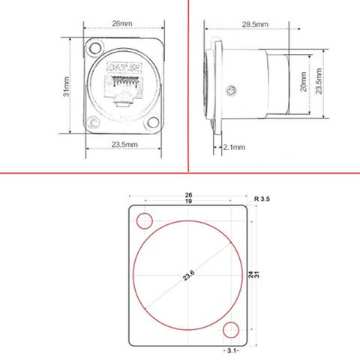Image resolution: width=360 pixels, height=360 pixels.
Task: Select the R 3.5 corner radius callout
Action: (262, 199)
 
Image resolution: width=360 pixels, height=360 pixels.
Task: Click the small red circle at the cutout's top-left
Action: (145, 222)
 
